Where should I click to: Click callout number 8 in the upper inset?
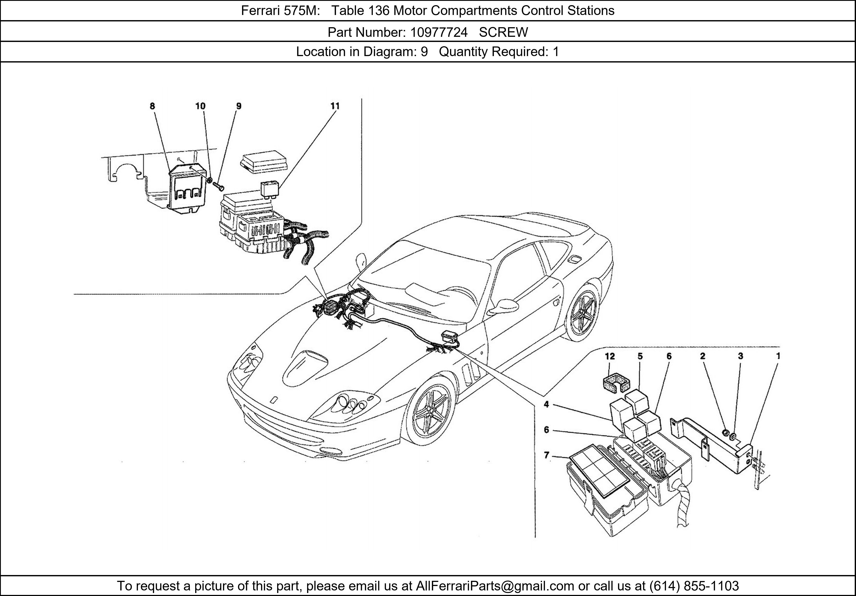(152, 106)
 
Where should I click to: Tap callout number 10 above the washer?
(200, 106)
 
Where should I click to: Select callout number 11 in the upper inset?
(335, 106)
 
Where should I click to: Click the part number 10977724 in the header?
(439, 33)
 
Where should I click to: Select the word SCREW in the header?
(503, 33)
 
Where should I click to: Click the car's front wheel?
(430, 411)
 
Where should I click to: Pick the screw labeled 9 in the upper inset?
(219, 184)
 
